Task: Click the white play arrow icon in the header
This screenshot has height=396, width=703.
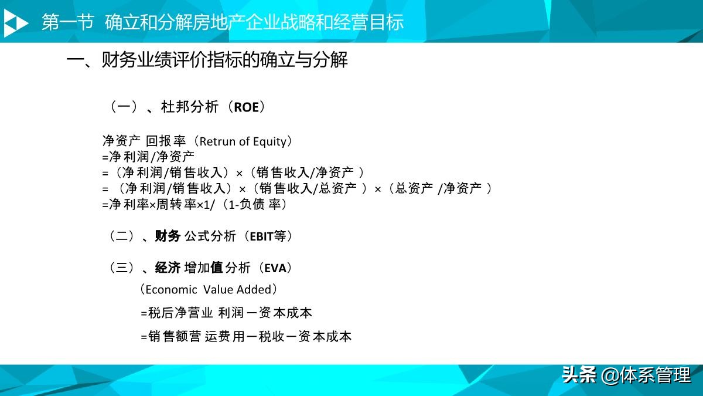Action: point(16,23)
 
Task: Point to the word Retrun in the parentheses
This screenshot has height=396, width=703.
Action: point(217,141)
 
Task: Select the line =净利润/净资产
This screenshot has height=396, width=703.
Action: point(148,157)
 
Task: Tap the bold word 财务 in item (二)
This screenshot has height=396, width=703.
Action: point(168,236)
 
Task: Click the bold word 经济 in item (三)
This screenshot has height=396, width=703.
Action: point(168,268)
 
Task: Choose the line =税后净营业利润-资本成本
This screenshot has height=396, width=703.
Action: point(226,313)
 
